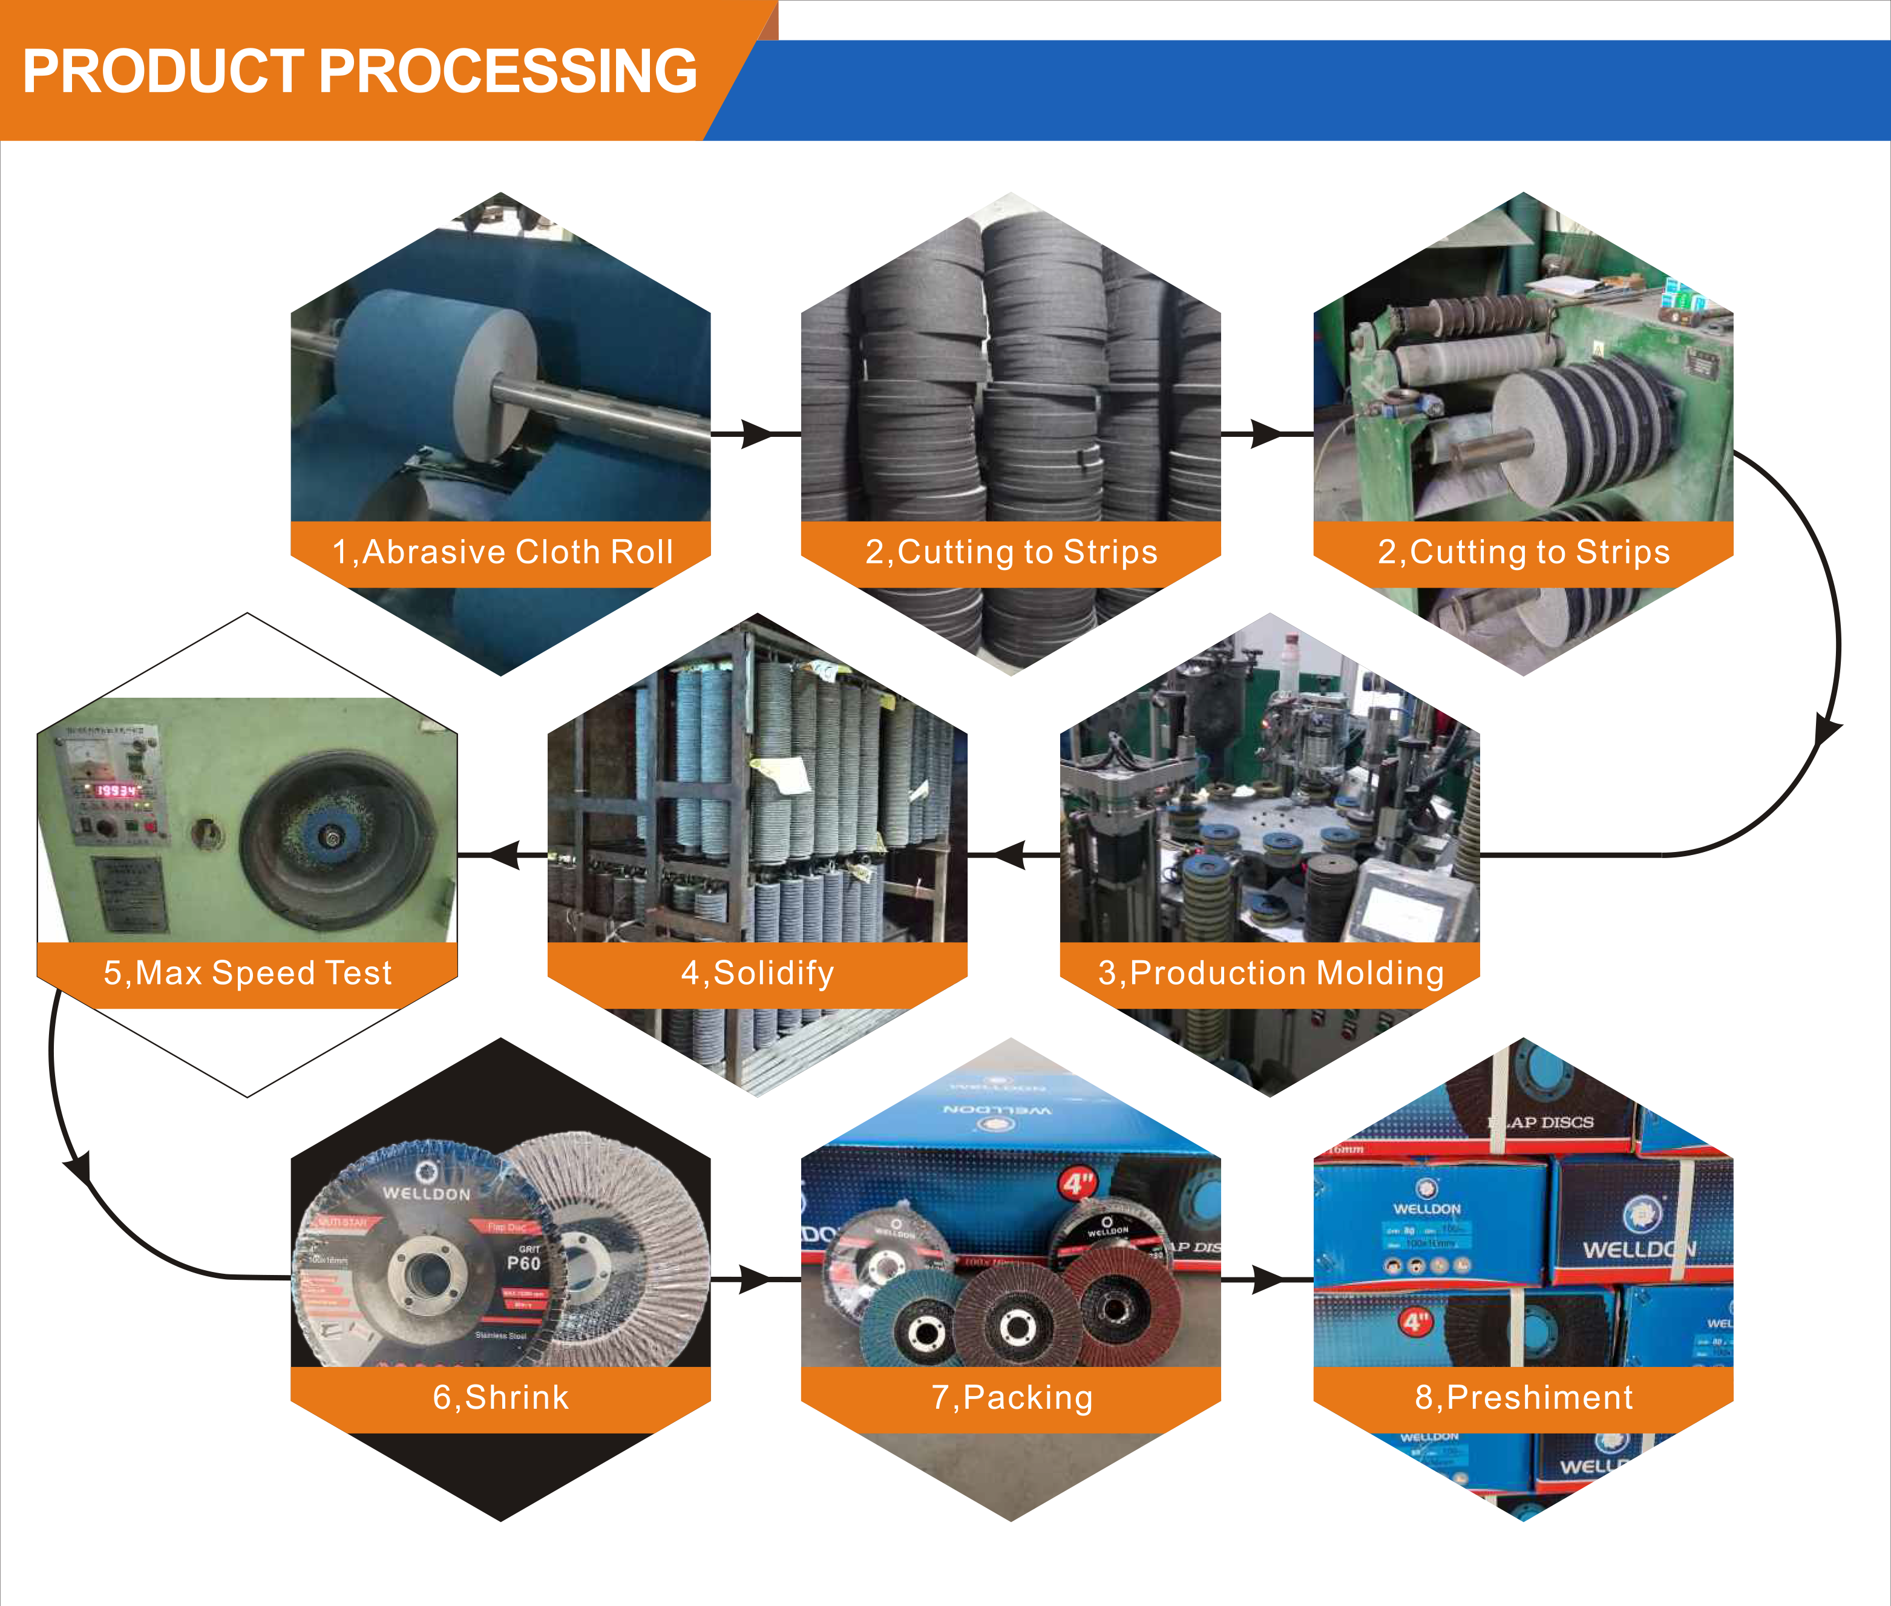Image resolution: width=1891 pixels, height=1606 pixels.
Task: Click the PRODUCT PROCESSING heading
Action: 359,71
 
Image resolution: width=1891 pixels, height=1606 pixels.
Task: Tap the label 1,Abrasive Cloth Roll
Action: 502,552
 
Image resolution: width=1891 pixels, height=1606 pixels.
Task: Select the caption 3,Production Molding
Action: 1270,972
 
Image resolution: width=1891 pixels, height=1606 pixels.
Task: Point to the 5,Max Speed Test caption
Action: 247,972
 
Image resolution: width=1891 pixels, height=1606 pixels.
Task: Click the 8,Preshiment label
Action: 1523,1397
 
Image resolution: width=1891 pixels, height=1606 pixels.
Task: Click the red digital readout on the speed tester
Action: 117,790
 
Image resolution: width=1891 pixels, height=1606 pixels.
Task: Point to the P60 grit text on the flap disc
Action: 523,1263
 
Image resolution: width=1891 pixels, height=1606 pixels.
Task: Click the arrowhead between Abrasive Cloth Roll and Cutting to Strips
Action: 756,434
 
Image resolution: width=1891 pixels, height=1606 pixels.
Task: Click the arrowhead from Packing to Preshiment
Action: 1267,1279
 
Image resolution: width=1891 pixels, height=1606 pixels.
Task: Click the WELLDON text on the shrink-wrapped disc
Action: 426,1193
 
